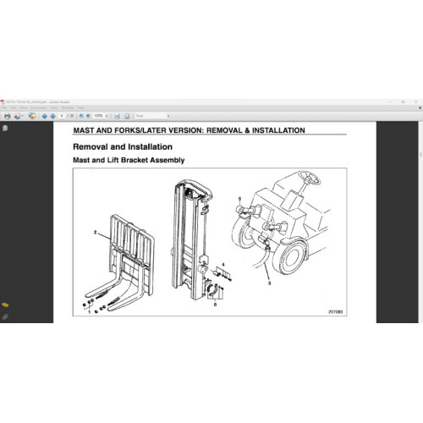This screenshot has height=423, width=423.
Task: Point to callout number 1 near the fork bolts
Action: pos(90,312)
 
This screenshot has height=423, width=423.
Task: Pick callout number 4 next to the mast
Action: pos(223,265)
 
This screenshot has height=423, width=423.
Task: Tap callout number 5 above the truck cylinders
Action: pos(240,200)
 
